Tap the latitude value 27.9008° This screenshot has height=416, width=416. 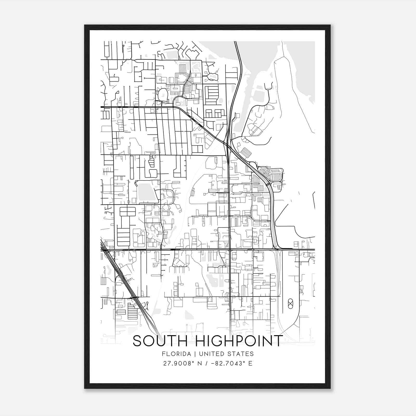coord(179,363)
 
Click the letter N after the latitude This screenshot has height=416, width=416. coord(199,363)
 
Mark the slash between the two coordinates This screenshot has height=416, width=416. coord(207,363)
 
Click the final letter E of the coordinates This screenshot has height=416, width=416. coord(250,363)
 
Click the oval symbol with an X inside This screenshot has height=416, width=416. coord(290,303)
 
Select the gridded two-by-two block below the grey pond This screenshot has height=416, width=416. coord(127,212)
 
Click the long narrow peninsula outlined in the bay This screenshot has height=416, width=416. coord(286,86)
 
